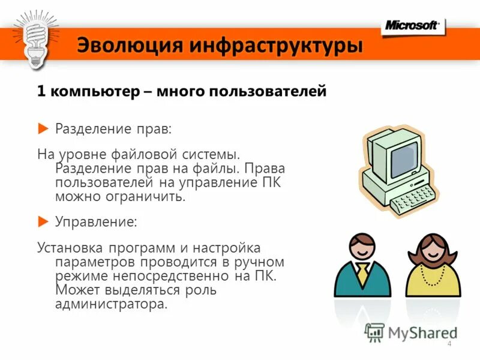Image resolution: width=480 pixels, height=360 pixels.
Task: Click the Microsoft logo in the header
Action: point(412,25)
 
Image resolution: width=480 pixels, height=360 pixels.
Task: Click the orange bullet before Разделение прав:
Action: point(43,128)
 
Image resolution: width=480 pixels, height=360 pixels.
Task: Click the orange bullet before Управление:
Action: point(43,221)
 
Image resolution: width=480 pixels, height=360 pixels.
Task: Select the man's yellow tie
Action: point(362,275)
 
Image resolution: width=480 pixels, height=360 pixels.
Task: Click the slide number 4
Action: point(449,343)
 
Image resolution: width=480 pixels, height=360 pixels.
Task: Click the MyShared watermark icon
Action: point(375,332)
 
